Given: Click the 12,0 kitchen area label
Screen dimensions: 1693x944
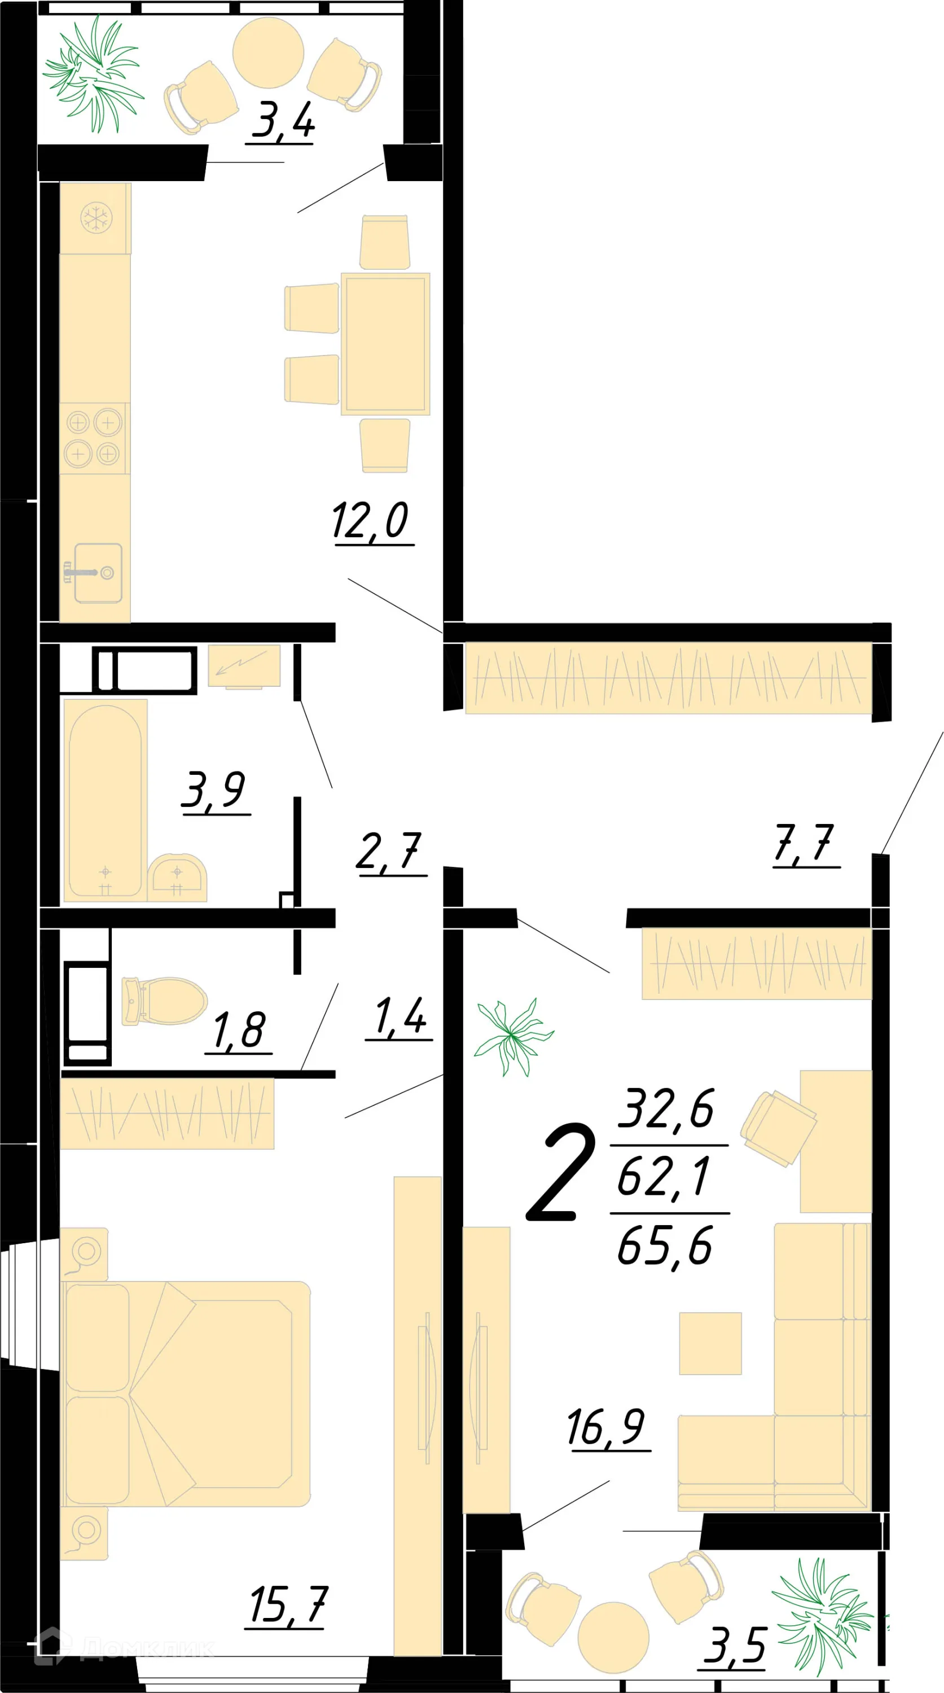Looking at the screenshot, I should pyautogui.click(x=371, y=520).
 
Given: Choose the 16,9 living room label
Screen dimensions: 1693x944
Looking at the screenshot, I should pyautogui.click(x=607, y=1428).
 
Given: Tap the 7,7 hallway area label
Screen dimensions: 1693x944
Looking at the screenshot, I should pyautogui.click(x=804, y=843).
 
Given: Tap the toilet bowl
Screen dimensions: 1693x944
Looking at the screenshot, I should pyautogui.click(x=164, y=1001).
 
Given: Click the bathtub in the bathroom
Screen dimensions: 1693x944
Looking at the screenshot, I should pyautogui.click(x=105, y=799).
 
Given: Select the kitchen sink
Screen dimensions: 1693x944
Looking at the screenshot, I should pyautogui.click(x=97, y=572).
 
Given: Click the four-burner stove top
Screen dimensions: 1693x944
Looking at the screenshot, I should pyautogui.click(x=93, y=438).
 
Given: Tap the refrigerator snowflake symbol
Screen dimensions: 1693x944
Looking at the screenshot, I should pyautogui.click(x=96, y=217).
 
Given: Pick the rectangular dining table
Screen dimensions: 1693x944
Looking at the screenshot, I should pyautogui.click(x=385, y=344).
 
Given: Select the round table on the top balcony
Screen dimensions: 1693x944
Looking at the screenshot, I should pyautogui.click(x=268, y=52).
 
